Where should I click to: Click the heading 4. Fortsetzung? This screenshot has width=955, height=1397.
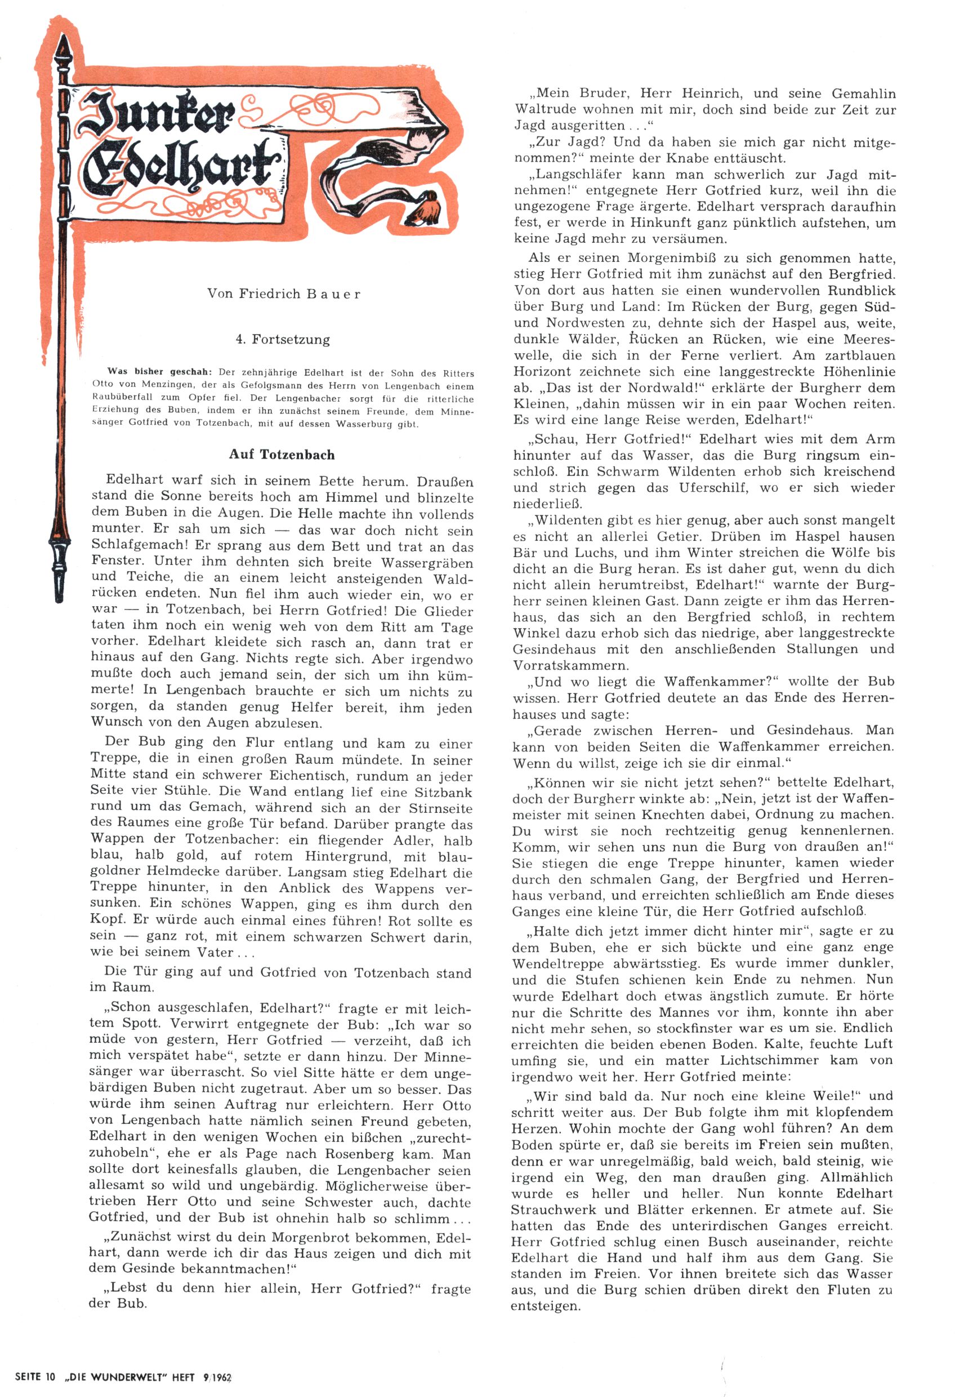(x=283, y=340)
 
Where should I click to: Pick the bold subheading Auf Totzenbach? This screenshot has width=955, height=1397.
(x=282, y=455)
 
